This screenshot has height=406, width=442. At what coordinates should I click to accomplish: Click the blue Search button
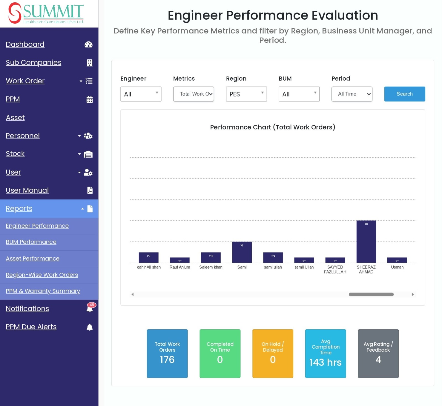(404, 94)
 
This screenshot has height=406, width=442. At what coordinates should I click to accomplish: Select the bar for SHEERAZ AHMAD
(366, 242)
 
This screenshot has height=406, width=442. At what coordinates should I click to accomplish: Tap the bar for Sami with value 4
(242, 252)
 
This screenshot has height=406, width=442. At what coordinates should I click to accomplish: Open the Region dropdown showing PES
(246, 94)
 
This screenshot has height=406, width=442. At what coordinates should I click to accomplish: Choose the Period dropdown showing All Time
(352, 94)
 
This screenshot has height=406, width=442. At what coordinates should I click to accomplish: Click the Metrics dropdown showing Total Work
(194, 94)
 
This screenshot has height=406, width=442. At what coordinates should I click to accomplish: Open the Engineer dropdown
(141, 94)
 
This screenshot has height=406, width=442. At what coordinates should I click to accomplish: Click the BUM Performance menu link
(31, 242)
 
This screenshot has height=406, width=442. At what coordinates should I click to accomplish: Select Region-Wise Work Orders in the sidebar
(42, 275)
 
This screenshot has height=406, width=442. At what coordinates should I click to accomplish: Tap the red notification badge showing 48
(92, 305)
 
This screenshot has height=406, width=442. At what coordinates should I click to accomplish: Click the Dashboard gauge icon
(88, 44)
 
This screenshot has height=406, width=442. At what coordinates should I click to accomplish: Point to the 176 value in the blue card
(167, 360)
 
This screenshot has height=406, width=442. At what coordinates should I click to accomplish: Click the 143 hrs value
(325, 362)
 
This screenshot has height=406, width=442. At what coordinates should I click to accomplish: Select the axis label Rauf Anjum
(180, 267)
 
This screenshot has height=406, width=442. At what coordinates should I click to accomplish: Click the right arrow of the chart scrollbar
(413, 294)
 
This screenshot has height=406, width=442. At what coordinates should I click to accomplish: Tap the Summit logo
(46, 13)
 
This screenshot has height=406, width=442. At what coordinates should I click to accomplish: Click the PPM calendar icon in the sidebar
(90, 99)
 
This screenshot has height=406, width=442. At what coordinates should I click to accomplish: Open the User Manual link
(27, 190)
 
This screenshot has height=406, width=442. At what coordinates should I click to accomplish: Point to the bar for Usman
(397, 260)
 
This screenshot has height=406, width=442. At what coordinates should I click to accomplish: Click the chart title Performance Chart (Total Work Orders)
(273, 127)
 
